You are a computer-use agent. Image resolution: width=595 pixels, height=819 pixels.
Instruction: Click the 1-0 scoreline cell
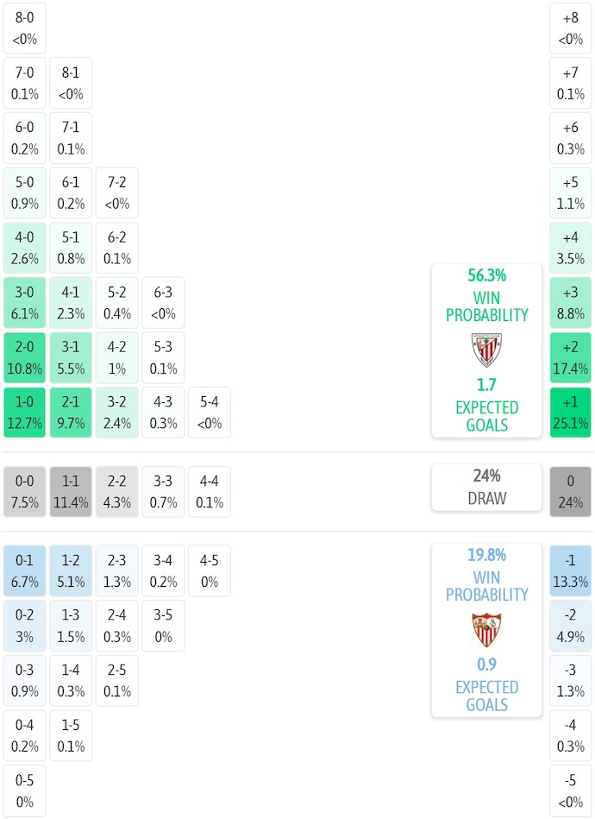coord(25,413)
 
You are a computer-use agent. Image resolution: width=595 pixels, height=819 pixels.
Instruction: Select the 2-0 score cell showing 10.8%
coord(25,357)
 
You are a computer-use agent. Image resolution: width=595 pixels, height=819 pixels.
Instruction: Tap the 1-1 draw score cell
coord(72,492)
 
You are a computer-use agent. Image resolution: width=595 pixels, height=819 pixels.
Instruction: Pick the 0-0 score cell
coord(25,492)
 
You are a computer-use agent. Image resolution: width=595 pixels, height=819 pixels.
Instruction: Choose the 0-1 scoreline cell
coord(25,570)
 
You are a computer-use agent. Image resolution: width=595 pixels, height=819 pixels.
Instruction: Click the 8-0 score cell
coord(25,28)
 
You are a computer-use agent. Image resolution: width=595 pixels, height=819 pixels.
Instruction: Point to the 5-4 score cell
coord(210,413)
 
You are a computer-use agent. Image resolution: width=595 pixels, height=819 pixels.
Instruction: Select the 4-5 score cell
coord(210,570)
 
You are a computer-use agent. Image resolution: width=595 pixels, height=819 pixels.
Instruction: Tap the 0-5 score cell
coord(25,791)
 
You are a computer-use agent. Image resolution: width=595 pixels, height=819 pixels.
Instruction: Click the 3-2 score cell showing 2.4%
coord(117,413)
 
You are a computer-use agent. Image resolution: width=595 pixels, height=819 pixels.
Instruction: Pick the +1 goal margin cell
coord(571,413)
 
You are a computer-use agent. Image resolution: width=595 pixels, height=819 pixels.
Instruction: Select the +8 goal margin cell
coord(571,28)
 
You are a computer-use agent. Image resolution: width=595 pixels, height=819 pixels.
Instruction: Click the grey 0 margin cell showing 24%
coord(571,492)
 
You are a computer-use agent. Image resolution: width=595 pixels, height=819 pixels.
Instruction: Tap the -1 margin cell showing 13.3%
coord(571,570)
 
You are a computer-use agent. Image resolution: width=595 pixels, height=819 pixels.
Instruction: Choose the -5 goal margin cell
coord(571,791)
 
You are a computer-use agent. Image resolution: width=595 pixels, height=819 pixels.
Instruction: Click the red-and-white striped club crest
coord(487,350)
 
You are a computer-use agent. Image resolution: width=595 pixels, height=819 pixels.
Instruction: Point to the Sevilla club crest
coord(487,629)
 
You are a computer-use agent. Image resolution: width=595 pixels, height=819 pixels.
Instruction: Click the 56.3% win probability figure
coord(487,275)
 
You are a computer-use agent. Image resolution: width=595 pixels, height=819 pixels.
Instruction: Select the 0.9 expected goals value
coord(487,665)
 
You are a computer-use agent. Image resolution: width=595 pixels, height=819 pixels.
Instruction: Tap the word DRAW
coord(487,498)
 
